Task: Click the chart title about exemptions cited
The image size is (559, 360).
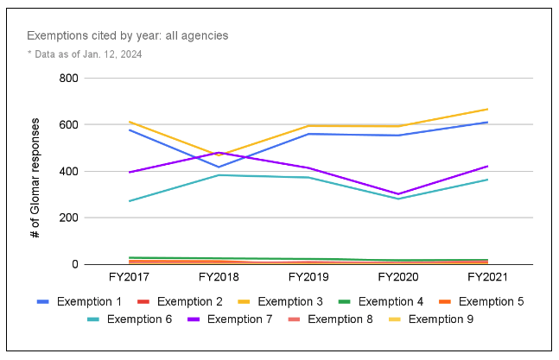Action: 127,35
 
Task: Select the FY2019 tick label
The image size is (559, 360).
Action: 308,277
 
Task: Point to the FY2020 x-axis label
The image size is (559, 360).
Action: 397,277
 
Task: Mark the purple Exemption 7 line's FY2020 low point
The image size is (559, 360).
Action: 397,194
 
